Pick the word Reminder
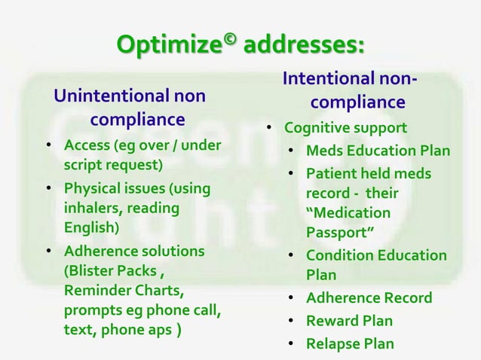coord(94,291)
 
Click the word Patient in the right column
coord(331,174)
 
